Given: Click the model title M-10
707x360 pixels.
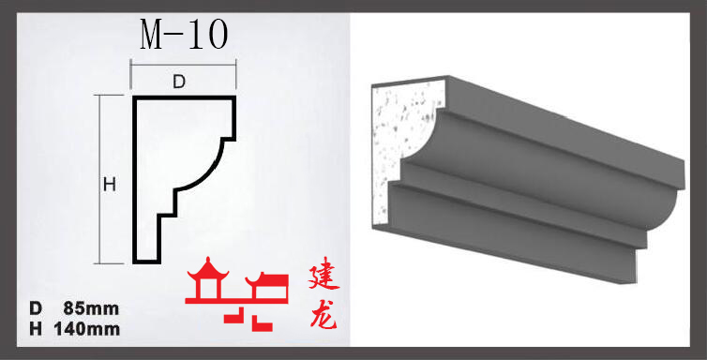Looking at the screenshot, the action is click(184, 36).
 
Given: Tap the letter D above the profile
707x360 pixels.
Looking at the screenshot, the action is click(179, 82).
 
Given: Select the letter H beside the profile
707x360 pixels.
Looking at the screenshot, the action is click(110, 185).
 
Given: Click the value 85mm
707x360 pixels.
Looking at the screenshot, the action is click(92, 308).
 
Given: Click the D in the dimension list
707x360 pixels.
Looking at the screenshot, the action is click(36, 308).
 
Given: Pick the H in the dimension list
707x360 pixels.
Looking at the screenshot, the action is click(36, 329).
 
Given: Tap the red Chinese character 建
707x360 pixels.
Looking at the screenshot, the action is click(323, 278).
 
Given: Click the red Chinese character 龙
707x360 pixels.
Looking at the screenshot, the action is click(323, 314).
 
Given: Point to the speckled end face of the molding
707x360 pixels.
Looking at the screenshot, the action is click(402, 140).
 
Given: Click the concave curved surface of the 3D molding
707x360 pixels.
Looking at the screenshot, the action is click(541, 172).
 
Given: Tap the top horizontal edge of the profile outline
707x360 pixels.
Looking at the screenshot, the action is click(184, 97).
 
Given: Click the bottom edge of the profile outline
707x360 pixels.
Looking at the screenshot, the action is click(147, 262).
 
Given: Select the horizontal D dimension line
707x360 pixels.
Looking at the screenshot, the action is click(184, 65).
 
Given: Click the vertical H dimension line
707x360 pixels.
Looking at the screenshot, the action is click(100, 179).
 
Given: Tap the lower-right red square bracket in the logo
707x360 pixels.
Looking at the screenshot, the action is click(262, 323).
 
